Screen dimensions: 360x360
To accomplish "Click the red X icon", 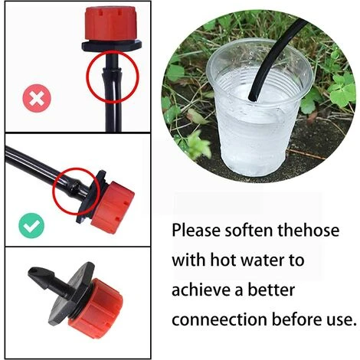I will pos(33,99).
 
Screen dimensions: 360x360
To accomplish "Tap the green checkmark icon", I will pos(31,224).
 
